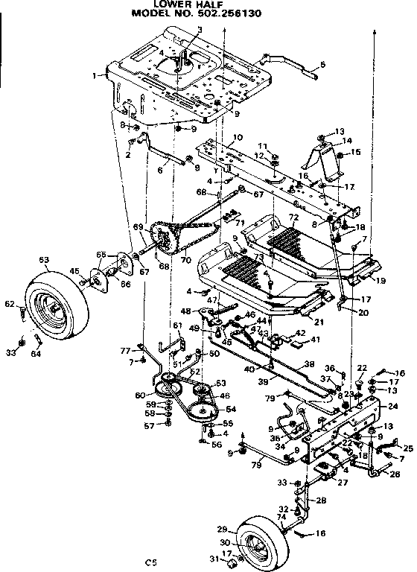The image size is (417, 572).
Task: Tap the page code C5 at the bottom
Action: click(151, 562)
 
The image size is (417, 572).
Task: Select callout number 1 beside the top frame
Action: click(95, 75)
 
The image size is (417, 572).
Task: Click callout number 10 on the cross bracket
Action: click(238, 139)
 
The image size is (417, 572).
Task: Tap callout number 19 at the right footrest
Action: click(381, 281)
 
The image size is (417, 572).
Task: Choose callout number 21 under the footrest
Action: click(319, 322)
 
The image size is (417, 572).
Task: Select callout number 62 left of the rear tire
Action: click(10, 303)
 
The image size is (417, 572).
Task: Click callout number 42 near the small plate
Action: click(301, 334)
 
